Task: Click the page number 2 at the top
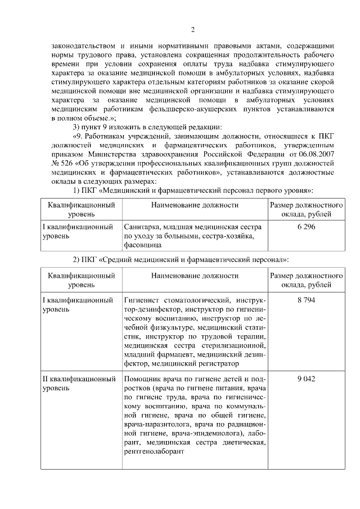point(193,29)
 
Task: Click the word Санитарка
point(142,227)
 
